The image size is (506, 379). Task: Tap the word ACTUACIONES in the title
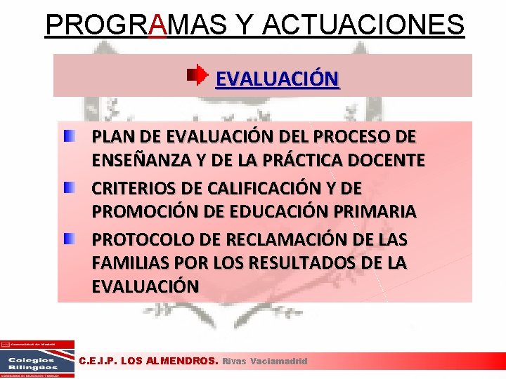tap(364, 25)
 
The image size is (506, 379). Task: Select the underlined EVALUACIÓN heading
tap(277, 79)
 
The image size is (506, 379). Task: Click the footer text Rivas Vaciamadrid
tap(265, 361)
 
